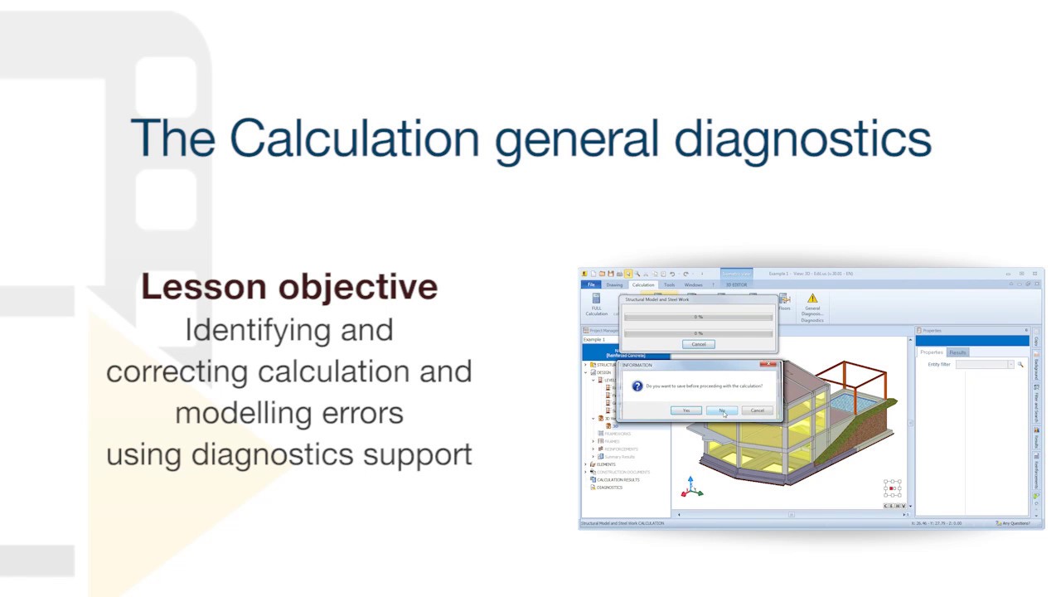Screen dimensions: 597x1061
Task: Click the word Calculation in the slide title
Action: (x=354, y=138)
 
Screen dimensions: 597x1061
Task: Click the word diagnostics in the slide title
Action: (x=802, y=139)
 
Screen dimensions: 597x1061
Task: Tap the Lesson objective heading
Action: (x=289, y=287)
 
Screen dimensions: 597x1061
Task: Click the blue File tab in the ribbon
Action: (x=591, y=284)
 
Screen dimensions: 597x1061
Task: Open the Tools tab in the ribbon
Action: (x=669, y=284)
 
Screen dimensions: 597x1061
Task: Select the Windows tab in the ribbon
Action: (x=693, y=284)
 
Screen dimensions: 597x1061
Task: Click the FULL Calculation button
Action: (x=596, y=303)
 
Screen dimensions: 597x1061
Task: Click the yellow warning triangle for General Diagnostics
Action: (x=811, y=298)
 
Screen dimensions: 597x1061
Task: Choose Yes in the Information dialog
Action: (x=686, y=410)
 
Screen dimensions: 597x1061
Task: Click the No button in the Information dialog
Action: (x=721, y=410)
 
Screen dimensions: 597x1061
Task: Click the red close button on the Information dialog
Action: (x=771, y=364)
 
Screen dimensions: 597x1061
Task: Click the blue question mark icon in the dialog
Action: (x=637, y=386)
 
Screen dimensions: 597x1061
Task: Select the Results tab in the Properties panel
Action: (x=957, y=352)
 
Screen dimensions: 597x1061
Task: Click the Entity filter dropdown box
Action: (x=984, y=365)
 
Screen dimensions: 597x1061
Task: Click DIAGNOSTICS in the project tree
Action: (x=609, y=488)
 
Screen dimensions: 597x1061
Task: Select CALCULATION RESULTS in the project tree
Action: (x=618, y=479)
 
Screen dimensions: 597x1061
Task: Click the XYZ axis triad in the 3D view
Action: (x=690, y=489)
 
